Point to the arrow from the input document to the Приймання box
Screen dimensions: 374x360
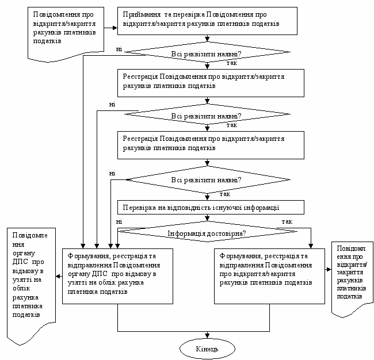(110, 28)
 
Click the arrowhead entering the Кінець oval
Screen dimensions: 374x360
(207, 336)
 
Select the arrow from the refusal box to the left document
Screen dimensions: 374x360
(59, 277)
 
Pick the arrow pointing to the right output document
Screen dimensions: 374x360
(328, 269)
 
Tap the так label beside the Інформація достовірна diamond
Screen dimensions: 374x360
(287, 221)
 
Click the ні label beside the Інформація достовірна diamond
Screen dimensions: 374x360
(119, 221)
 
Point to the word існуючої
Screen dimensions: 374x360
(227, 208)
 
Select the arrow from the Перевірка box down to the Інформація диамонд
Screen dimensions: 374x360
(207, 218)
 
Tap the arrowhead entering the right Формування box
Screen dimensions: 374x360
(311, 246)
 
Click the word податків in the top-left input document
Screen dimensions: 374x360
(47, 41)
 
